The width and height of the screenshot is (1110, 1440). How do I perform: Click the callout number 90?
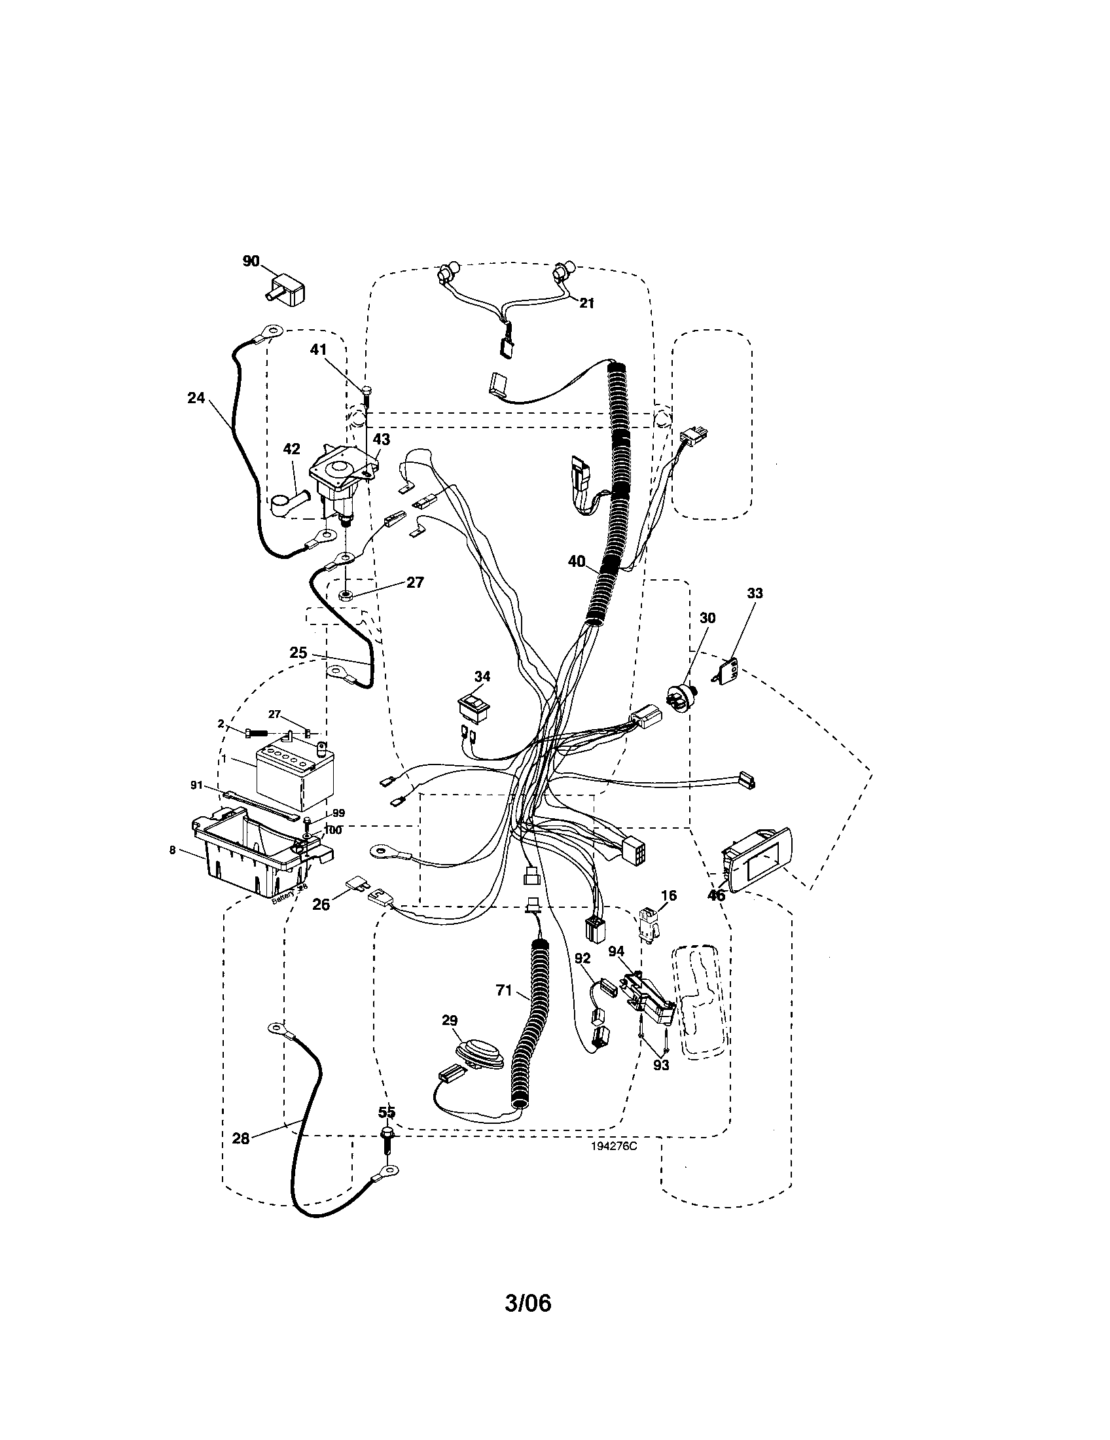pos(251,261)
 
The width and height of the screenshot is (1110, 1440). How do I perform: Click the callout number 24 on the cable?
pos(196,398)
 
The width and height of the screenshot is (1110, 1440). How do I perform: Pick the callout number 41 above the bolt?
pos(319,350)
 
